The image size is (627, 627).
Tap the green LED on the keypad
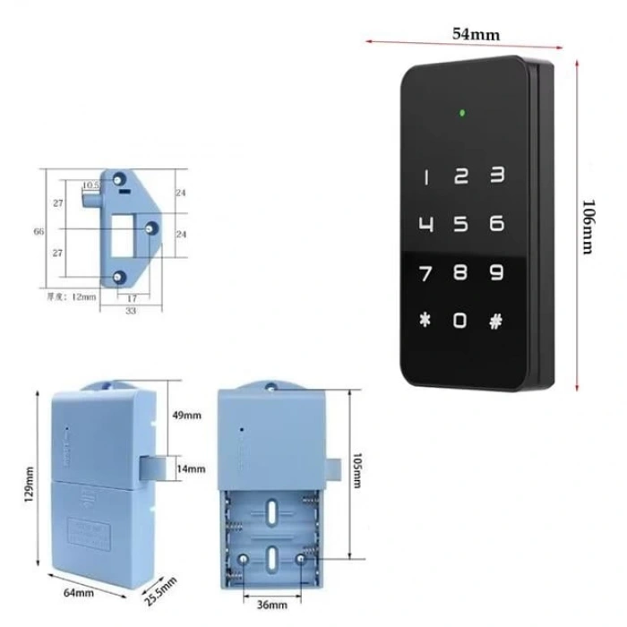pyautogui.click(x=460, y=114)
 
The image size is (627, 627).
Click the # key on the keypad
pyautogui.click(x=495, y=320)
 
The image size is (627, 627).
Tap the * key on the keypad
pyautogui.click(x=425, y=320)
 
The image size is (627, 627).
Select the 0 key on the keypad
pyautogui.click(x=460, y=320)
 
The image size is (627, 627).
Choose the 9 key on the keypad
pyautogui.click(x=495, y=272)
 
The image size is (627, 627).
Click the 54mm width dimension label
pyautogui.click(x=475, y=34)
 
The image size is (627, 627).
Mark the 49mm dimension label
pyautogui.click(x=188, y=416)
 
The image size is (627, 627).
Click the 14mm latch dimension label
pyautogui.click(x=191, y=468)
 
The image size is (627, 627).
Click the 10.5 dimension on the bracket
pyautogui.click(x=90, y=185)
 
